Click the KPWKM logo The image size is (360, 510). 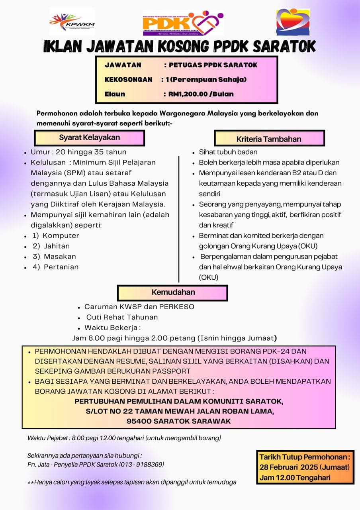(x=72, y=22)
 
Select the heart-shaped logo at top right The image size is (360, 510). (x=293, y=22)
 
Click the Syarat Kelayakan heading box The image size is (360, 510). (x=89, y=138)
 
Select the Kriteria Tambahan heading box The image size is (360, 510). (x=269, y=139)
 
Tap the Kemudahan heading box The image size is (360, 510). (x=173, y=292)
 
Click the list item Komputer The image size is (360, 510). (x=61, y=235)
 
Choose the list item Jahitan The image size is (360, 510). (x=57, y=246)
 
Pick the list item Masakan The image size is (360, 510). (x=60, y=257)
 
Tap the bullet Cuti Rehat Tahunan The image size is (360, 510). (x=122, y=317)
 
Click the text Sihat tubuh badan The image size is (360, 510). (x=228, y=152)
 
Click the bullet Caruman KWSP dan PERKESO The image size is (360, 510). (x=139, y=307)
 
